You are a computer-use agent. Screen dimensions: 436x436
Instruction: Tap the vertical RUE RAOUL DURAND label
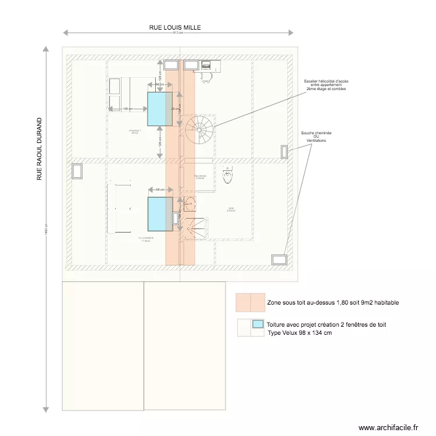click(40, 149)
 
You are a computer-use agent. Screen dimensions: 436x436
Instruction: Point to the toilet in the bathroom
click(228, 174)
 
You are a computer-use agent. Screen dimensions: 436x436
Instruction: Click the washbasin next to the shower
click(190, 204)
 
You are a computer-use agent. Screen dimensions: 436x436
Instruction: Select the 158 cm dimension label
click(127, 109)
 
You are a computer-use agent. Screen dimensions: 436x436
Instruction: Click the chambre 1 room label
click(135, 132)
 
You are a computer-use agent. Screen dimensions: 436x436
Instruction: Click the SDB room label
click(231, 210)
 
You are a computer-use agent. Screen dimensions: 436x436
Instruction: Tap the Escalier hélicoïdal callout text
click(326, 85)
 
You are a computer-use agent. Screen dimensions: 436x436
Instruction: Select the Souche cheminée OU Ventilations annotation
click(316, 137)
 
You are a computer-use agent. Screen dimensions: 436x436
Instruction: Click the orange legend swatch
click(250, 302)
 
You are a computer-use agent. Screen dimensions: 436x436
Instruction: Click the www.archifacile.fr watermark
click(388, 427)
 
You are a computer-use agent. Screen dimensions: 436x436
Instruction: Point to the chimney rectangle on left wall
click(77, 171)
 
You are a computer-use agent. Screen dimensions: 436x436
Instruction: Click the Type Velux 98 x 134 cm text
click(299, 333)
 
